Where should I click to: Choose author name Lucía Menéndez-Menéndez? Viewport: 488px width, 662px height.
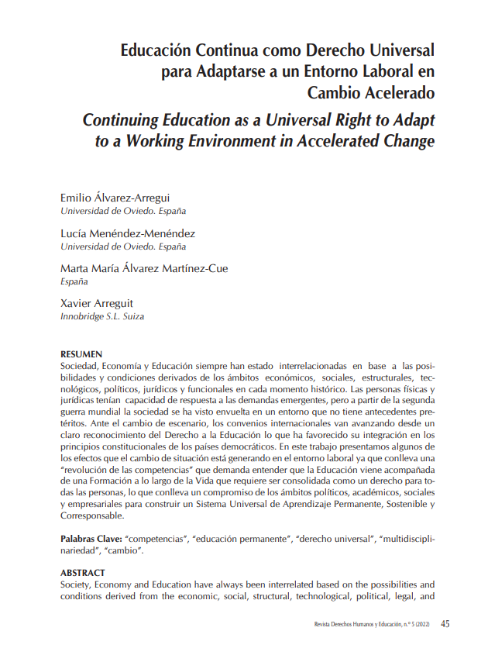point(128,233)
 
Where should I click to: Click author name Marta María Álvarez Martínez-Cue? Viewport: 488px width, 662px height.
point(144,269)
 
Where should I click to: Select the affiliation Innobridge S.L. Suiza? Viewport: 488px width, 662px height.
point(101,317)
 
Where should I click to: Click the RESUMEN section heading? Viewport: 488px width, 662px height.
point(81,354)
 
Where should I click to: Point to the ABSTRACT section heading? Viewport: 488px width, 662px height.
point(82,573)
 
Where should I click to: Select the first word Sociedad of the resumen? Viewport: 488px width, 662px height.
point(81,364)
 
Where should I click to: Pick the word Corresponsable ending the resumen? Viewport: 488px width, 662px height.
point(91,515)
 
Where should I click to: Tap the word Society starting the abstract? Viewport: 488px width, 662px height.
point(77,584)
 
